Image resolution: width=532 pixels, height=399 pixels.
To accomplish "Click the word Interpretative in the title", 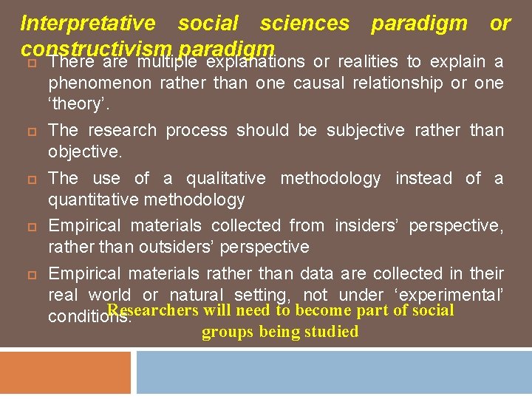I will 88,24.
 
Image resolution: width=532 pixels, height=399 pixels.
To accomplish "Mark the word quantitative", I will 95,199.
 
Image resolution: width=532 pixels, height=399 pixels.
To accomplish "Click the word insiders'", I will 364,225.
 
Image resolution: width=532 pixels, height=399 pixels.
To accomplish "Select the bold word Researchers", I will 153,311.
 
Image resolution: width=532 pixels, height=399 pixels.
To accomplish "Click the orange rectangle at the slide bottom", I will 65,372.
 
